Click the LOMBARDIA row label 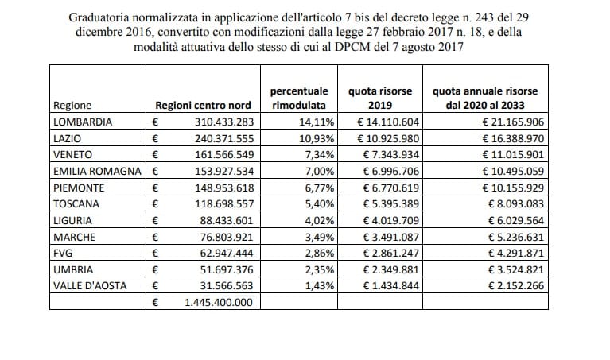click(82, 122)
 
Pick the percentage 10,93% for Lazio click(317, 137)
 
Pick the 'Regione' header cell click(72, 106)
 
